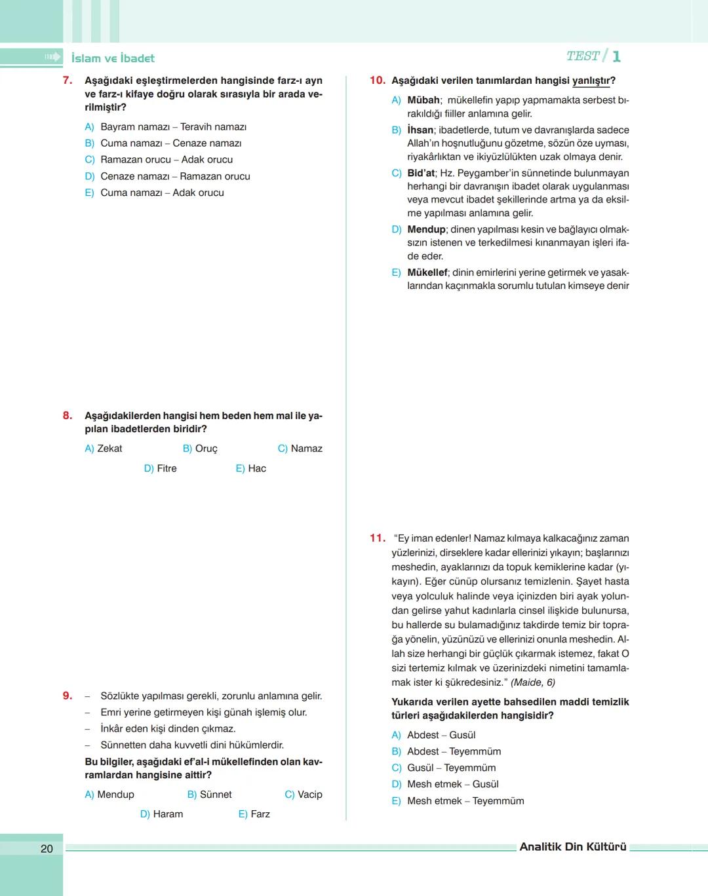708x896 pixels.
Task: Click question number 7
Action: (x=68, y=81)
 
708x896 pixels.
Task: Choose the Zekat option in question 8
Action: (x=104, y=449)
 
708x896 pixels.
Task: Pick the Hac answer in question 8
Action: (x=251, y=468)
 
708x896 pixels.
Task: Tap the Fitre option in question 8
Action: (x=161, y=468)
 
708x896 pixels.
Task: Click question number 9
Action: (x=68, y=696)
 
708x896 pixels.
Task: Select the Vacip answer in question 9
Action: (x=304, y=794)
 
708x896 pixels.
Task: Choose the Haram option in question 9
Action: (x=162, y=814)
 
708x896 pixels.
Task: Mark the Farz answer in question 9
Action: (x=254, y=814)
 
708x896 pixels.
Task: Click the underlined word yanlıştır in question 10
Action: (x=592, y=81)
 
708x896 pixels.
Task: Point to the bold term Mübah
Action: (x=423, y=100)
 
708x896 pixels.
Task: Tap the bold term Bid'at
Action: (x=421, y=173)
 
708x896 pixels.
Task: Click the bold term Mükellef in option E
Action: (x=427, y=272)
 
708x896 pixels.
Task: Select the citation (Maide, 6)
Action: (x=533, y=682)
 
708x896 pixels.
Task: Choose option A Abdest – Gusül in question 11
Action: (x=434, y=736)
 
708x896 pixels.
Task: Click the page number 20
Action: (x=47, y=849)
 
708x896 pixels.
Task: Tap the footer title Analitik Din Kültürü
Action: (x=573, y=847)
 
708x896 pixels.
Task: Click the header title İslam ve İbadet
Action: (x=113, y=58)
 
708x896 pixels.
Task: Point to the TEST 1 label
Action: (x=593, y=56)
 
